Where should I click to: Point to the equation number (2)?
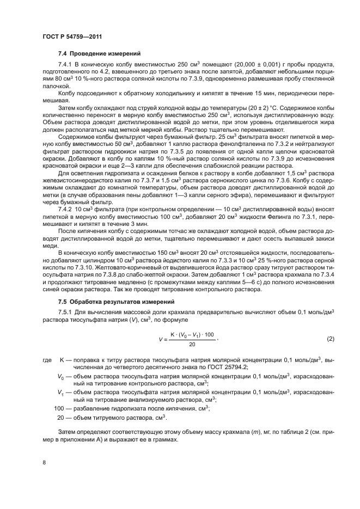(330, 339)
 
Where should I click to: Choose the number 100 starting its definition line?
(59, 408)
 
